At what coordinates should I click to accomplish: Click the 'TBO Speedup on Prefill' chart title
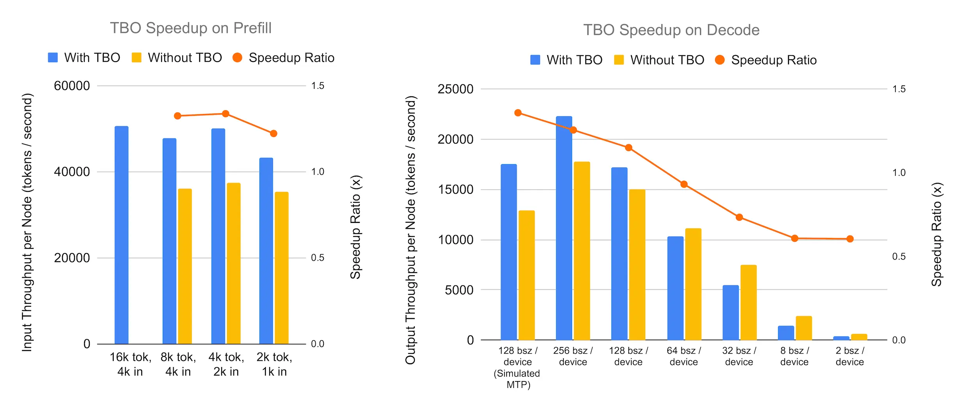pos(190,28)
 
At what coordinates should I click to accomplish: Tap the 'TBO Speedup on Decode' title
pos(671,30)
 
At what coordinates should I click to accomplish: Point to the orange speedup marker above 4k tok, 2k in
pos(226,114)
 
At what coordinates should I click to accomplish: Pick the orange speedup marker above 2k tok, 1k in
pos(274,133)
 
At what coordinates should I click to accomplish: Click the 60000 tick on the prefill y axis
pos(72,86)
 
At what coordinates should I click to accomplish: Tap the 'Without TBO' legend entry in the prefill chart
pos(177,58)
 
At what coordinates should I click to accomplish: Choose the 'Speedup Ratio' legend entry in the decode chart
pos(766,60)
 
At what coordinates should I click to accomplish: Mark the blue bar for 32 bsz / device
pos(730,312)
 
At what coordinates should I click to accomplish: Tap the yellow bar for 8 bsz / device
pos(804,328)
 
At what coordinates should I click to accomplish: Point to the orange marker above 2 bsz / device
pos(850,239)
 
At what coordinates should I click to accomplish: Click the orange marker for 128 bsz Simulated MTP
pos(518,113)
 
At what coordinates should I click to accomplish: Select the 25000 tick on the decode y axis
pos(455,89)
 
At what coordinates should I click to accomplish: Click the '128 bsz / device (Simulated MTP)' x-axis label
pos(518,367)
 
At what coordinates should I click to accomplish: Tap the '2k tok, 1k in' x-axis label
pos(274,364)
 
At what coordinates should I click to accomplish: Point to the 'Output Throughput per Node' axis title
pos(411,230)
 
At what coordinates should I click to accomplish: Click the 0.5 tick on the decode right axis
pos(899,257)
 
